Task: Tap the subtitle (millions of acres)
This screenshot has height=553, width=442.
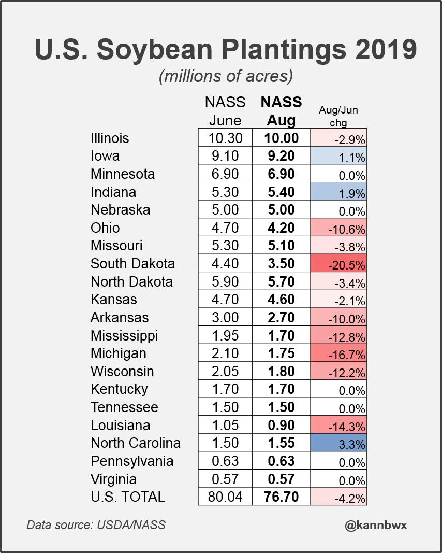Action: [x=226, y=76]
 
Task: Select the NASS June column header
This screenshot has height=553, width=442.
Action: [x=225, y=111]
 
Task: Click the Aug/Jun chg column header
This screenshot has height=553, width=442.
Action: [x=338, y=116]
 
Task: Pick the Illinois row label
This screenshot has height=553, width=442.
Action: [x=110, y=138]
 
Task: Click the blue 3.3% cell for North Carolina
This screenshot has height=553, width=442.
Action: [x=338, y=444]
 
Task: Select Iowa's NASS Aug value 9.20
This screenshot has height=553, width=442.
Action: [x=281, y=156]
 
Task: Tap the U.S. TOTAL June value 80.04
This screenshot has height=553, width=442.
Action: [x=225, y=497]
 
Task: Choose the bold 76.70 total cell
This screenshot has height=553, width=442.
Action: [x=281, y=497]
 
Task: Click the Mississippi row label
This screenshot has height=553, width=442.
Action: [x=124, y=335]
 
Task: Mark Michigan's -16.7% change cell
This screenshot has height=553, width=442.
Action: [x=338, y=354]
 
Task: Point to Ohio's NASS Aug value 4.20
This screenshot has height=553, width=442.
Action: [x=281, y=228]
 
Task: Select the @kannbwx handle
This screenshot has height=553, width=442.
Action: [x=376, y=525]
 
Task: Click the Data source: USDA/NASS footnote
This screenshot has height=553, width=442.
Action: [x=96, y=525]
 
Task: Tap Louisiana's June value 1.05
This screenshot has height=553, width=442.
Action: [x=225, y=426]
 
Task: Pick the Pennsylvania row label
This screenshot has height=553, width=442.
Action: [x=132, y=461]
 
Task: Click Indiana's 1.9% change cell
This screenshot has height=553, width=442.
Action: [x=338, y=192]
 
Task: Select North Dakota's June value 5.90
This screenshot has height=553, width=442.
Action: [x=225, y=282]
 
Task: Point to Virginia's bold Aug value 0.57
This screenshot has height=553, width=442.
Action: [x=281, y=479]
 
